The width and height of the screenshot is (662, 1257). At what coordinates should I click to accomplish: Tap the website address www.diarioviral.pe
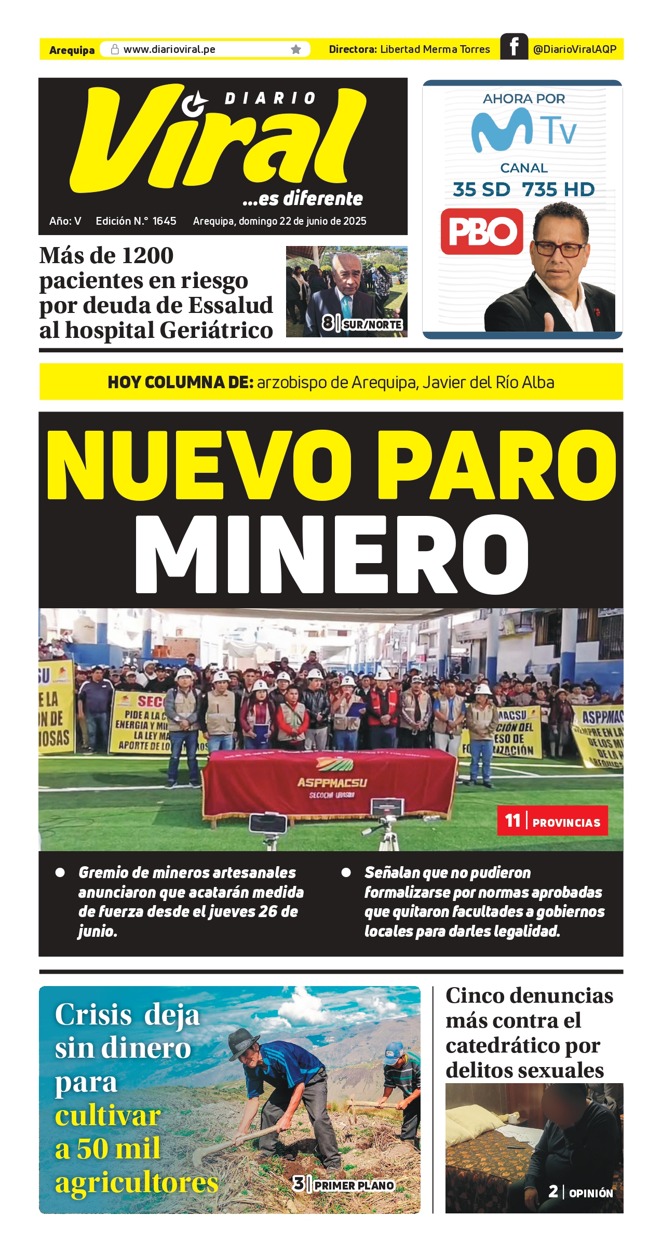point(169,49)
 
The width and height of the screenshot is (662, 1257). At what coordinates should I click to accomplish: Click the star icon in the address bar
point(296,49)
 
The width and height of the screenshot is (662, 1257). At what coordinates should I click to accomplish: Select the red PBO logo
point(481,231)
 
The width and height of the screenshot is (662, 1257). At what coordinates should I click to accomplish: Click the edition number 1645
point(164,221)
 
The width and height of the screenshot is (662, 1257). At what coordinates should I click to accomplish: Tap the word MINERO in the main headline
point(331,554)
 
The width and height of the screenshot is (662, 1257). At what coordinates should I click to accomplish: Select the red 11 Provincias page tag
point(552,821)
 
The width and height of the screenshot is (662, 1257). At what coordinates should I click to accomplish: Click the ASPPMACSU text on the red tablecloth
point(332,783)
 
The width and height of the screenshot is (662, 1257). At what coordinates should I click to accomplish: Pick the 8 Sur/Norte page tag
point(362,324)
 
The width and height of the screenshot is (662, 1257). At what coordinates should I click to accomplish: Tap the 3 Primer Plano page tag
point(344,1185)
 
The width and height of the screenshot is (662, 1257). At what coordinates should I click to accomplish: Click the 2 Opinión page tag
point(580,1193)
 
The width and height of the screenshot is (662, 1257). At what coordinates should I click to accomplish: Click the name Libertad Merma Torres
point(435,49)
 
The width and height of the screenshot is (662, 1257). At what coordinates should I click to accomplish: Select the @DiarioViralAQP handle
point(574,49)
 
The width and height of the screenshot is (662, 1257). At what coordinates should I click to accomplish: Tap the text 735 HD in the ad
point(558,190)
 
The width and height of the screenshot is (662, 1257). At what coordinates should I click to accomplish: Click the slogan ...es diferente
point(303,198)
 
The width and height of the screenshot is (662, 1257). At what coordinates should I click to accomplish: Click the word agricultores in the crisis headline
point(137,1183)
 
